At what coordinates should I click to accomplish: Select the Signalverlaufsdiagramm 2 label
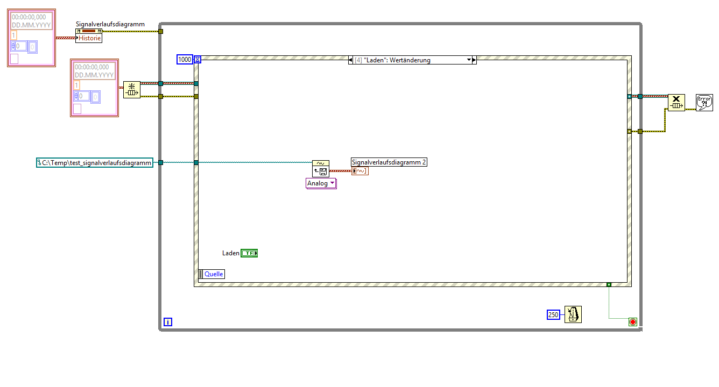click(x=389, y=162)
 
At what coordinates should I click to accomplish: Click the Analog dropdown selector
click(x=321, y=183)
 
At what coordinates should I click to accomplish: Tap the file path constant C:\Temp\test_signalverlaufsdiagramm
click(x=95, y=162)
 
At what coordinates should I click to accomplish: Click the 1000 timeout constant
click(x=185, y=59)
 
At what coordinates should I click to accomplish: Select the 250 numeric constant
click(x=553, y=314)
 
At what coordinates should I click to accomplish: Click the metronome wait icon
click(x=573, y=314)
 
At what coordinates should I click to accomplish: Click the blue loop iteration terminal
click(x=168, y=322)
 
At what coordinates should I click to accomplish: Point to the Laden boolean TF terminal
click(x=249, y=253)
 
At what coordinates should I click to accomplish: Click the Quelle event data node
click(x=212, y=274)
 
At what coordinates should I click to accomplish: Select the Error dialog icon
click(x=704, y=103)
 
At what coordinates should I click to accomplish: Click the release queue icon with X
click(x=676, y=103)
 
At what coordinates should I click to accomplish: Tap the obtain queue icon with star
click(x=132, y=89)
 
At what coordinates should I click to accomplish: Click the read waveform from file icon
click(x=321, y=169)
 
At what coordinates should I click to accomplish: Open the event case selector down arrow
click(x=469, y=60)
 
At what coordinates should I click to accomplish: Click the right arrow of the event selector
click(x=475, y=60)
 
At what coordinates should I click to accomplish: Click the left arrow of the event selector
click(x=350, y=60)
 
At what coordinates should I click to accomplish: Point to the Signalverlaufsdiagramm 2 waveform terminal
click(x=360, y=171)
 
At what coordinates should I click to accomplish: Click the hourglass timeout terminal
click(x=198, y=59)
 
